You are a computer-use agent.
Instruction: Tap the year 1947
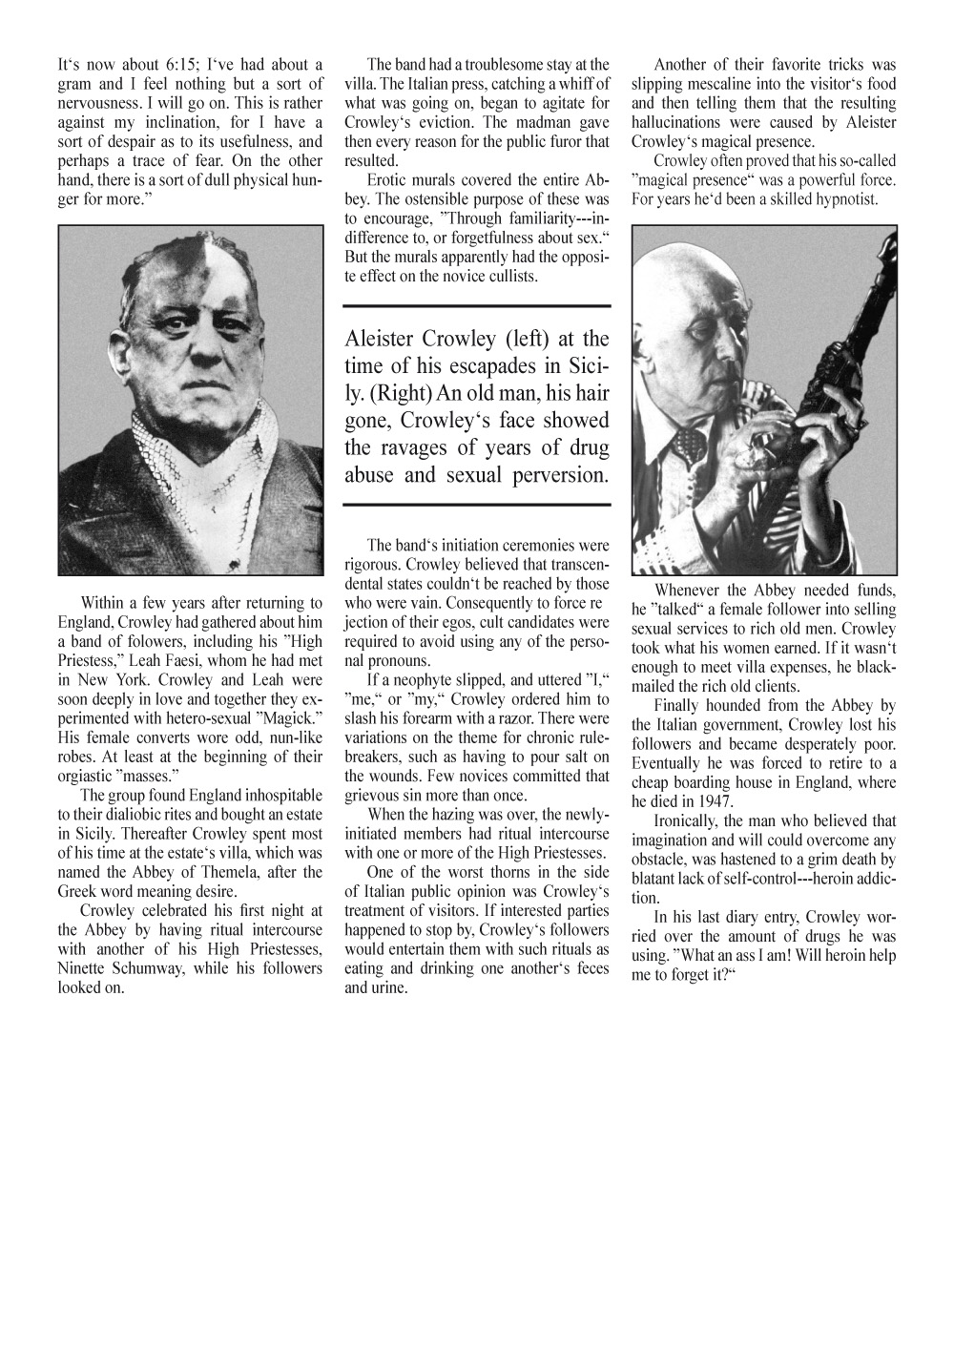[713, 802]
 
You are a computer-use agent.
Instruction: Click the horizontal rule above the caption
[476, 306]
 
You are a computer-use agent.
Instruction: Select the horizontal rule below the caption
[476, 502]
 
